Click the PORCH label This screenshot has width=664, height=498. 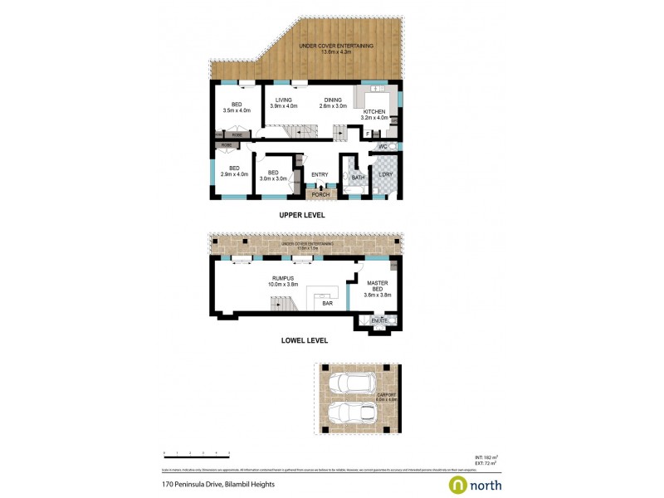click(x=320, y=194)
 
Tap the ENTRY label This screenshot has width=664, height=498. click(x=320, y=174)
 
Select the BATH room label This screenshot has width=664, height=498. click(x=358, y=176)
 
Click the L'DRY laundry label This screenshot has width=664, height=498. click(x=384, y=174)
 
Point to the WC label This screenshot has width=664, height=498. click(x=383, y=147)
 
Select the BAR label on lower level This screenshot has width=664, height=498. click(x=327, y=304)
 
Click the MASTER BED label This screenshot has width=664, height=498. click(x=378, y=286)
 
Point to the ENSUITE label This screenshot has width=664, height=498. click(x=380, y=320)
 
